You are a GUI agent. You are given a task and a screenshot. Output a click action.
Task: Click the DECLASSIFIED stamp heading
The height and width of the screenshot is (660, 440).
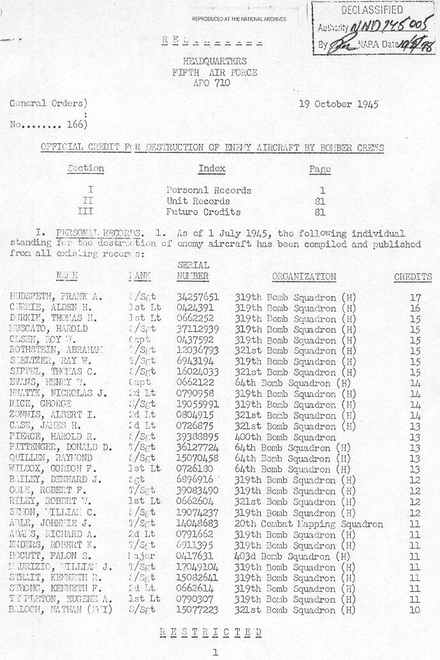pyautogui.click(x=372, y=10)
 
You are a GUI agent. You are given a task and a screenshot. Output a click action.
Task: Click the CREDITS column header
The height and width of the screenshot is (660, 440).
pyautogui.click(x=413, y=277)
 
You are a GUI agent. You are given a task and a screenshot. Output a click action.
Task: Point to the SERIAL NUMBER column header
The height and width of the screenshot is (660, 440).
pyautogui.click(x=193, y=271)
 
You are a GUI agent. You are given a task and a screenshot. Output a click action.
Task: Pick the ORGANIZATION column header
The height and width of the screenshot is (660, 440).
pyautogui.click(x=304, y=277)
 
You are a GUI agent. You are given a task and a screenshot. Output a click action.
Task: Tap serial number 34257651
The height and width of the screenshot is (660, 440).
pyautogui.click(x=198, y=297)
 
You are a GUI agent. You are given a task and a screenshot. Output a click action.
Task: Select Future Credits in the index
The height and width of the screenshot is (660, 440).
pyautogui.click(x=204, y=212)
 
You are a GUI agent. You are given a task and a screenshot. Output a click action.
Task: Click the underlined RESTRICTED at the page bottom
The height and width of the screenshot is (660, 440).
pyautogui.click(x=211, y=632)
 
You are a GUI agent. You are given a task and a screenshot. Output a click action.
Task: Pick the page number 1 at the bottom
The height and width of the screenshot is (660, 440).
pyautogui.click(x=215, y=652)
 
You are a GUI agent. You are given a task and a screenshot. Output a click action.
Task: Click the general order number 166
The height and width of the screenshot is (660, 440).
pyautogui.click(x=77, y=125)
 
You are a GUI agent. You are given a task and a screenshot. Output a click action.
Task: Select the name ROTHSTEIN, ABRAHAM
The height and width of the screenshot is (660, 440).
pyautogui.click(x=57, y=351)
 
